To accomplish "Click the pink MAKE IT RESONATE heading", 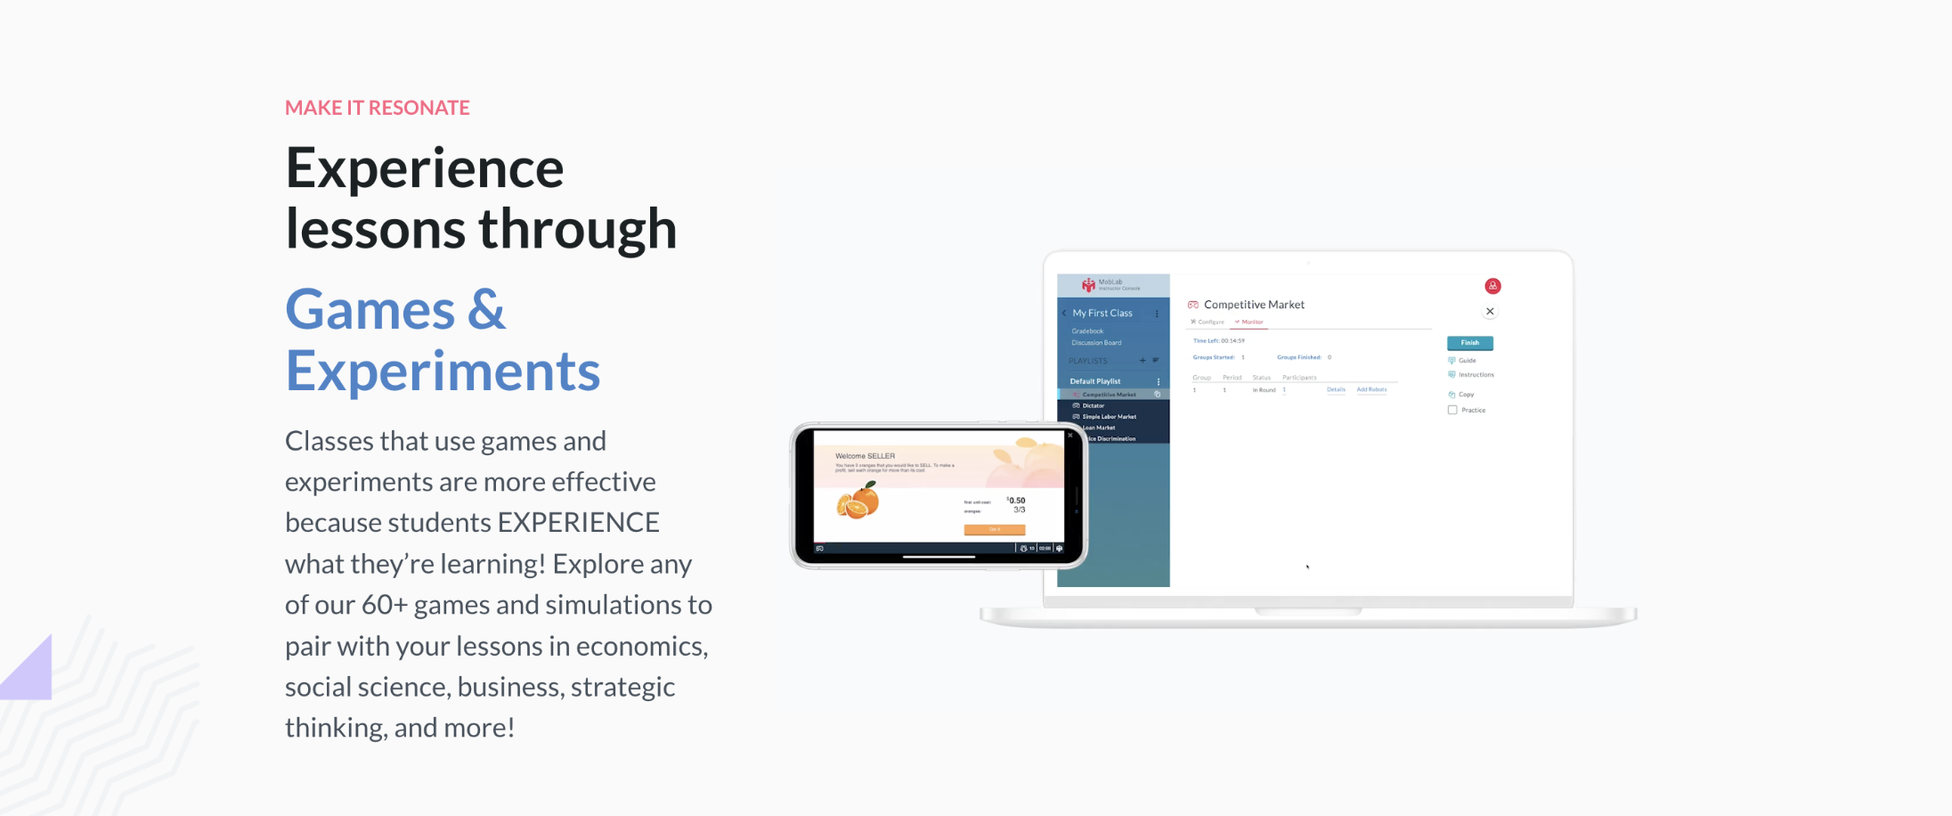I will click(x=377, y=108).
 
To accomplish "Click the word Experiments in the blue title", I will click(x=443, y=371).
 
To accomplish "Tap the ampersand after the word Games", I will click(x=485, y=310).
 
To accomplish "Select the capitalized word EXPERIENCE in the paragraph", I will click(x=578, y=523).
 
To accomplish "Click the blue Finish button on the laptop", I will click(x=1469, y=343).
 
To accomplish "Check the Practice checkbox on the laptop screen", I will click(x=1452, y=410).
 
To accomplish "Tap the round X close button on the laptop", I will click(x=1490, y=312).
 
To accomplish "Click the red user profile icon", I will click(x=1492, y=286).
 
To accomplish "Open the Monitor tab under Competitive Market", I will click(x=1251, y=322).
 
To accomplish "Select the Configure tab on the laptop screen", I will click(x=1209, y=322).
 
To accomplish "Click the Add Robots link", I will click(x=1371, y=389).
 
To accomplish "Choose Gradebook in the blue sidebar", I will click(x=1087, y=331).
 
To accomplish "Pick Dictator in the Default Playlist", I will click(x=1094, y=405).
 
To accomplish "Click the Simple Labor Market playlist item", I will click(x=1109, y=417).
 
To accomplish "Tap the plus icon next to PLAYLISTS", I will click(x=1143, y=361).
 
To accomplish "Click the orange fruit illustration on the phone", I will click(x=858, y=502).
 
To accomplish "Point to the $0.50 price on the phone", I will click(x=1016, y=501).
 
